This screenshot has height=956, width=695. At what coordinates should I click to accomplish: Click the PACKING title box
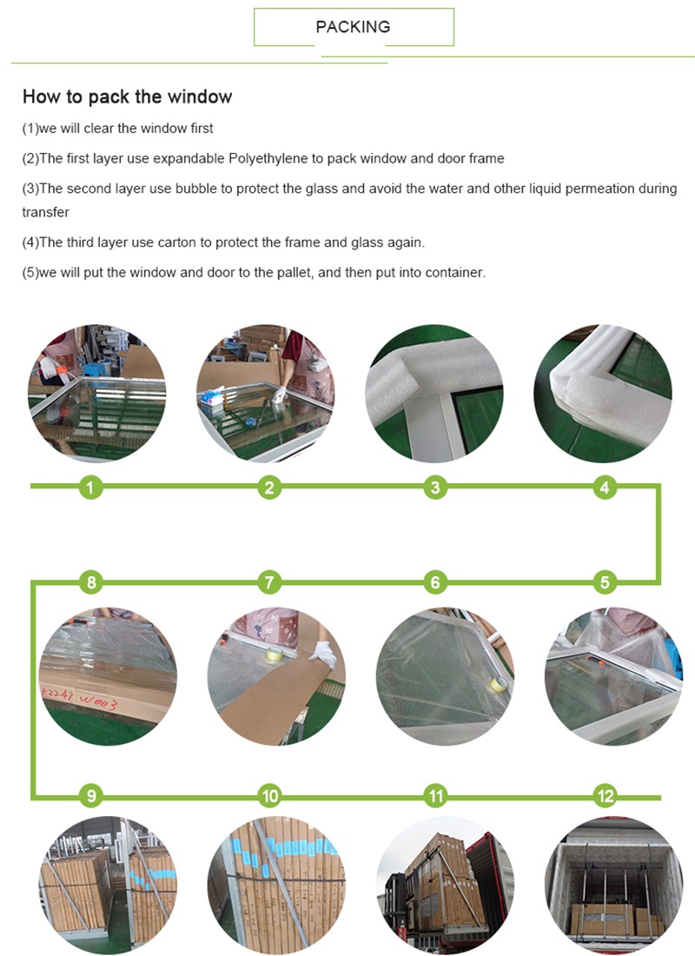pyautogui.click(x=354, y=27)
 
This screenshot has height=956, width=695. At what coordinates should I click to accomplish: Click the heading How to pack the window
pyautogui.click(x=127, y=96)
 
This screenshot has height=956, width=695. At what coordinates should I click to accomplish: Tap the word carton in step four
pyautogui.click(x=199, y=242)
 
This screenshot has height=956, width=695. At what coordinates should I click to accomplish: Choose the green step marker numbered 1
pyautogui.click(x=91, y=488)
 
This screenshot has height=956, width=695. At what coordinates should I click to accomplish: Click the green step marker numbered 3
pyautogui.click(x=435, y=488)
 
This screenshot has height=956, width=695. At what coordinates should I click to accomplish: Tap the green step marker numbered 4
pyautogui.click(x=606, y=488)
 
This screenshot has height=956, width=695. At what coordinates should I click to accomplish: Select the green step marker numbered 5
pyautogui.click(x=606, y=582)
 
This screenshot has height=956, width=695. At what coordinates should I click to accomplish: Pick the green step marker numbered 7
pyautogui.click(x=269, y=582)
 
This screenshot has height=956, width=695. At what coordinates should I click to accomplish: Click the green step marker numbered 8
pyautogui.click(x=91, y=582)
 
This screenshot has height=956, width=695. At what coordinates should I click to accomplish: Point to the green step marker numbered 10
pyautogui.click(x=269, y=795)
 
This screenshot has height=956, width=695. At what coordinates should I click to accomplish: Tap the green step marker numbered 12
pyautogui.click(x=606, y=795)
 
